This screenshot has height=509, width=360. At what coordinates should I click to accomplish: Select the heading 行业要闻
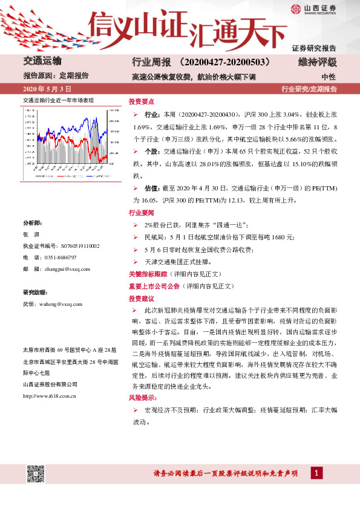(x=141, y=213)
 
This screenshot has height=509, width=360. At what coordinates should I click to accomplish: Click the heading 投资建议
(x=141, y=299)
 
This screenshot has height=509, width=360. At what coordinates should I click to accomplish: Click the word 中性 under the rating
(x=329, y=77)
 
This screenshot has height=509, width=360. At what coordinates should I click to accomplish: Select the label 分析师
(x=33, y=222)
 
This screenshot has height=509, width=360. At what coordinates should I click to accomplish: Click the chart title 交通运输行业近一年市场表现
(x=58, y=100)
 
